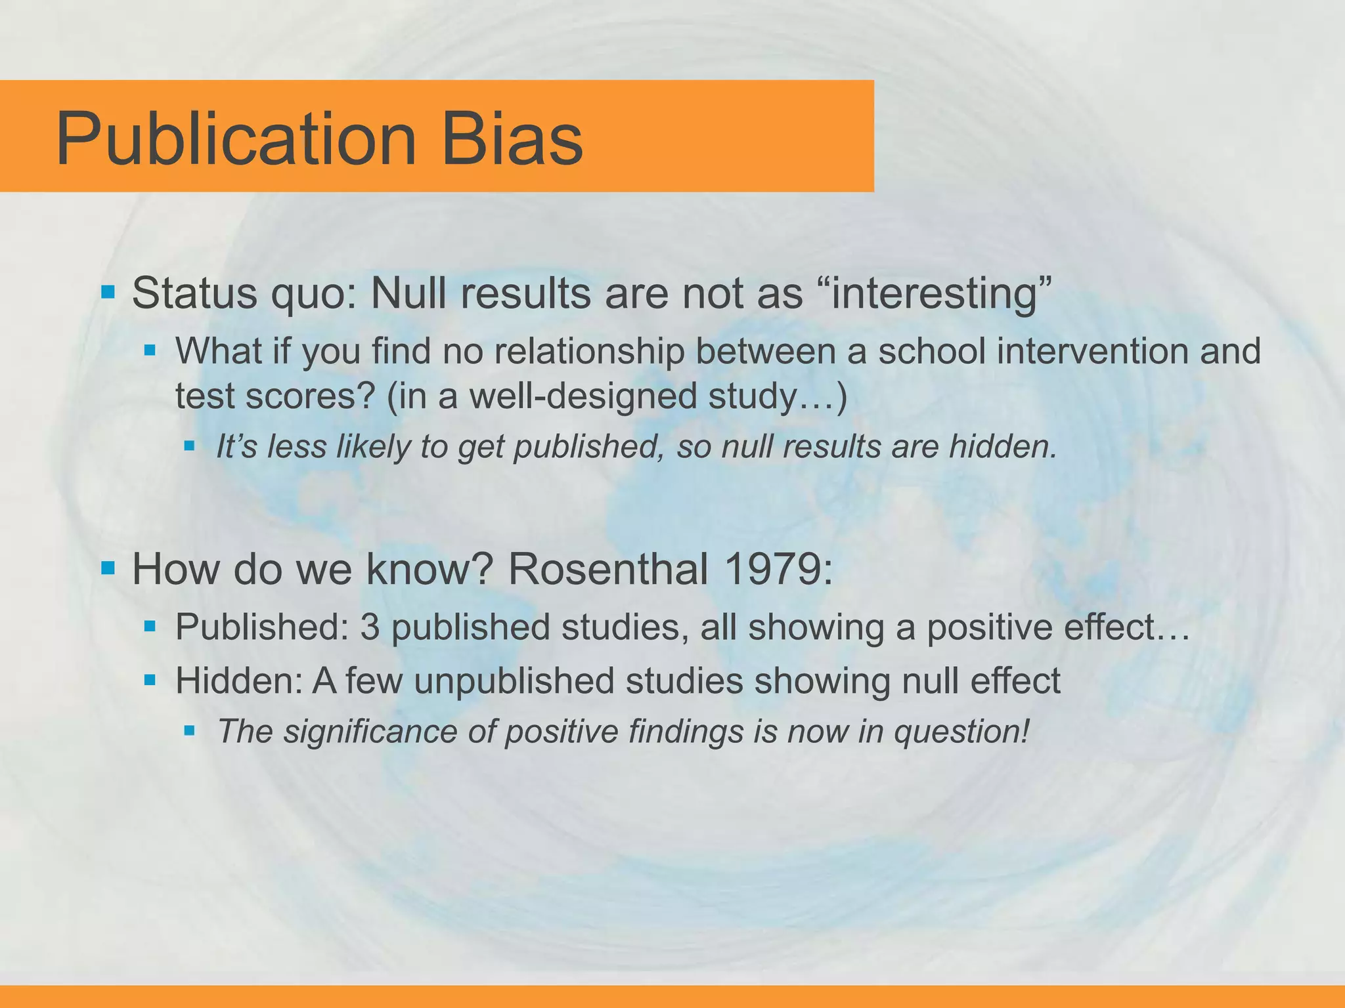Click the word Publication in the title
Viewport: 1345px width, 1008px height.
pos(236,140)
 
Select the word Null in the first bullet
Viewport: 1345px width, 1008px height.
pos(408,293)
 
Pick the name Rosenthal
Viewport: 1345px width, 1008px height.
pos(608,569)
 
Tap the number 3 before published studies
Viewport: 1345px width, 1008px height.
pos(370,627)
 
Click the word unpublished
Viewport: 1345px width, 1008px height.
pos(513,681)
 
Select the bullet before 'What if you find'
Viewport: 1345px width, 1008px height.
pos(150,350)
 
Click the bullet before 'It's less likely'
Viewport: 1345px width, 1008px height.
pos(190,446)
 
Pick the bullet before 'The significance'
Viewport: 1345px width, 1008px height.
pos(190,730)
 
